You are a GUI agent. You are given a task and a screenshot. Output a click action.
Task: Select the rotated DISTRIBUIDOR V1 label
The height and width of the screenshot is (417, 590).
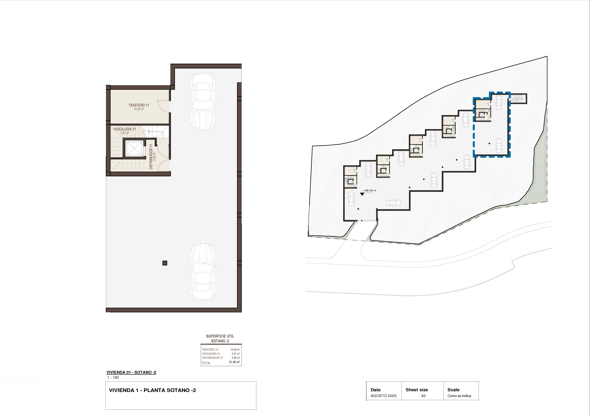[151, 156]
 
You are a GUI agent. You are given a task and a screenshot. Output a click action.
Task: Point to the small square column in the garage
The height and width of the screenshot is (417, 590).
[165, 263]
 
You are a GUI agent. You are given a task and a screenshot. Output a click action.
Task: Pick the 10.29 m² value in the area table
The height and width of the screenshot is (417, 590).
[235, 350]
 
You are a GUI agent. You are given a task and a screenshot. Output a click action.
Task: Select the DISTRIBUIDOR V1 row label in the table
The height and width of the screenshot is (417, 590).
[213, 358]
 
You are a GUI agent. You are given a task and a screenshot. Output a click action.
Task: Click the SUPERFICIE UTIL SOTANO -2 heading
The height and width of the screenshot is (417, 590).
[220, 339]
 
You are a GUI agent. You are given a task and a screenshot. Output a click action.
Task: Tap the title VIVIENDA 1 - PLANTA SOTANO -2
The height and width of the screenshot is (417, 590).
[152, 390]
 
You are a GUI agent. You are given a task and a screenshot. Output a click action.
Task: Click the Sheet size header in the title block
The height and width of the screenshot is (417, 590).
[417, 390]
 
